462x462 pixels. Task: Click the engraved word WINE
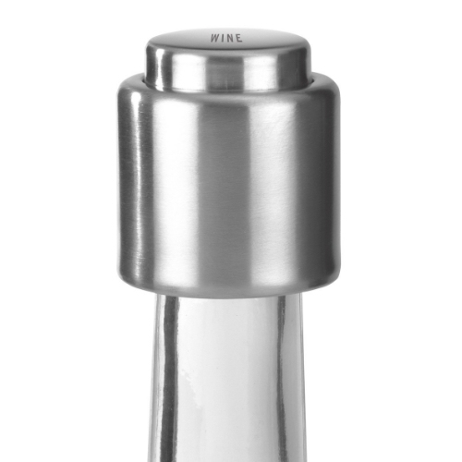click(226, 38)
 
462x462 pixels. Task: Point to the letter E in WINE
click(239, 38)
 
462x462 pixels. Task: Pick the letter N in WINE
click(231, 38)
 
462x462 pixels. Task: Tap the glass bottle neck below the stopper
click(226, 379)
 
